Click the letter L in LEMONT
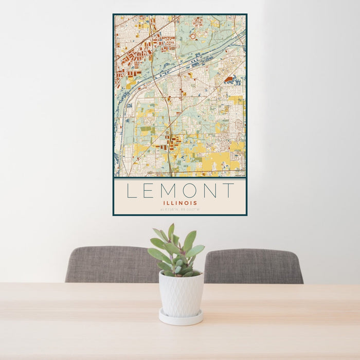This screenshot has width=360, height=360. coord(132,191)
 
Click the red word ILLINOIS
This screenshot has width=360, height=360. coord(179,203)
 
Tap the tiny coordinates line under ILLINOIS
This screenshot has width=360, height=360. coord(179,209)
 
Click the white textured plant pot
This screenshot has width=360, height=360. coord(181,293)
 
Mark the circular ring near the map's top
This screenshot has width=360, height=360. coord(193,37)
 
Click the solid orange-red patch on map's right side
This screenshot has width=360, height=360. coord(228,79)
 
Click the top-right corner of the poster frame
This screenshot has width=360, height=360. coord(246,14)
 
